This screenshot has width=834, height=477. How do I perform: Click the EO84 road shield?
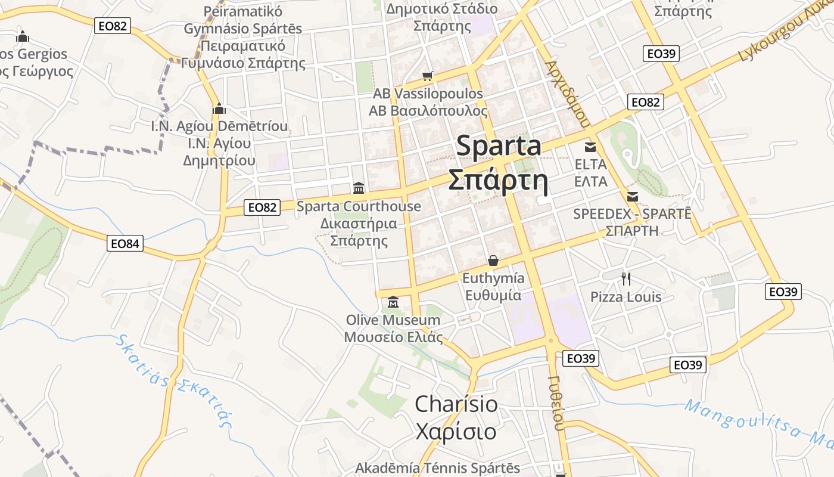(126, 243)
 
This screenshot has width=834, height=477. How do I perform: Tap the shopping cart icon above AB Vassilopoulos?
(427, 76)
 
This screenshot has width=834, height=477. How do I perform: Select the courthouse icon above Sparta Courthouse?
(359, 188)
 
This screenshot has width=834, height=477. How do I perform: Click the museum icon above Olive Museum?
(393, 302)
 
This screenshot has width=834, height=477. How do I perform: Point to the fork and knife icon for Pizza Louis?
(625, 278)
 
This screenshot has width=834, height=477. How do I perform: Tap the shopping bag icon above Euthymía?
(493, 261)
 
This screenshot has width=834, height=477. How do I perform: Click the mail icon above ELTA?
(590, 147)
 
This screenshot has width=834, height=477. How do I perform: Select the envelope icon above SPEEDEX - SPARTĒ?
(633, 196)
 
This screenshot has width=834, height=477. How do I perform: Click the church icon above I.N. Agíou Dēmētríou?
(219, 109)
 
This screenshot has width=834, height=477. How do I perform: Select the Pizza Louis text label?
(625, 297)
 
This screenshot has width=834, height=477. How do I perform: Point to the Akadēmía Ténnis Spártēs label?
(437, 468)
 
